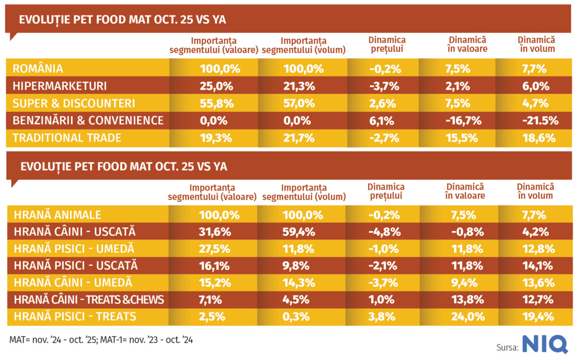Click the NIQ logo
(x=545, y=345)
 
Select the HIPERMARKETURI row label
(x=60, y=86)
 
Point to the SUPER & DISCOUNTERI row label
(x=73, y=103)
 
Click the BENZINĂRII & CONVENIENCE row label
(x=88, y=120)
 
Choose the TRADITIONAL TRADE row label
(x=67, y=138)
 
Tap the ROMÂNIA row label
(x=38, y=69)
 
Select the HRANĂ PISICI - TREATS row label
(x=75, y=316)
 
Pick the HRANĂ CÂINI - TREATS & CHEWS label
(x=89, y=300)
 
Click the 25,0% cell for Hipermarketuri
(x=216, y=86)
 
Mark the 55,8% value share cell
(x=216, y=103)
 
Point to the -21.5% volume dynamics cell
(x=540, y=120)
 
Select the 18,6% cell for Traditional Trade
(x=539, y=138)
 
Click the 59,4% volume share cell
(x=299, y=232)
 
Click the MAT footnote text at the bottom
(x=101, y=339)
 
